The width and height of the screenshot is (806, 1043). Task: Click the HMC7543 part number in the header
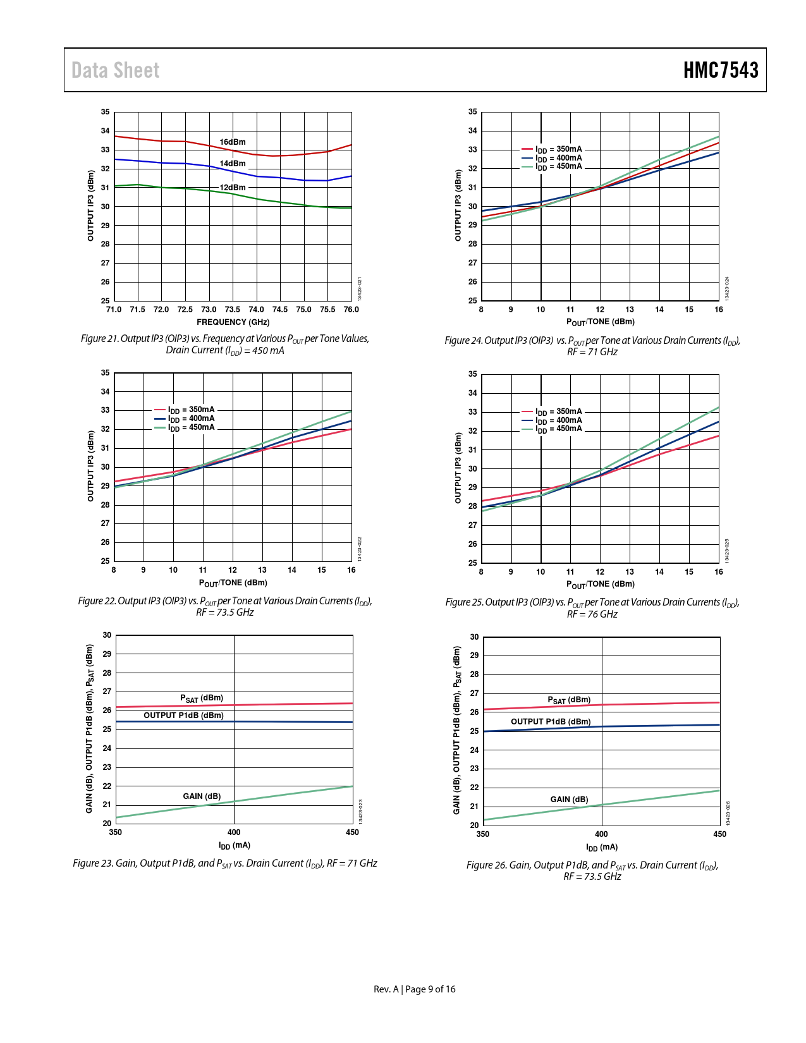tap(720, 70)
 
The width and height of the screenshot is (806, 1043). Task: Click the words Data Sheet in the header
tap(115, 70)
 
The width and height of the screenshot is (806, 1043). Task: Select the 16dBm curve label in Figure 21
tap(233, 142)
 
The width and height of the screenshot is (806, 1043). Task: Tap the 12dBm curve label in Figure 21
tap(233, 188)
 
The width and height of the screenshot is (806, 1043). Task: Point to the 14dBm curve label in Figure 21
tap(233, 164)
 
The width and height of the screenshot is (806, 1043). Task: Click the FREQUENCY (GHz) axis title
tap(233, 322)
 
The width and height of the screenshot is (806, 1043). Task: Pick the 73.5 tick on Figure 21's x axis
tap(233, 310)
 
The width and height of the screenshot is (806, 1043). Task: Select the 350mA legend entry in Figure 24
tap(558, 150)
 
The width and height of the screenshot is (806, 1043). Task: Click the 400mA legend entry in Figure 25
tap(558, 420)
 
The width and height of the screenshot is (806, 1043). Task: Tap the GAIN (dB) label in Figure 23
tap(202, 796)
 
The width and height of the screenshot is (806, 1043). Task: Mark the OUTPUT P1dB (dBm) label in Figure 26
tap(551, 722)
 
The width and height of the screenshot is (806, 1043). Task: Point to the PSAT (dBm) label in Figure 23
tap(202, 698)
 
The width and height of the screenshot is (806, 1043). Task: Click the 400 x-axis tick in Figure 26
tap(601, 834)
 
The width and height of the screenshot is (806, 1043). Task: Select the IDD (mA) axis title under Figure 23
tap(234, 846)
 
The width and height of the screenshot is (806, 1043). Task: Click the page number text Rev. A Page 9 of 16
tap(414, 989)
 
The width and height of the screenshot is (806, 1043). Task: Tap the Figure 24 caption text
tap(592, 346)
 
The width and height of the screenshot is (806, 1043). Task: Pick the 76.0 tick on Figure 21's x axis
tap(351, 310)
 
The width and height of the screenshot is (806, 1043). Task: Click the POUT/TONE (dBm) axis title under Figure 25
tap(600, 585)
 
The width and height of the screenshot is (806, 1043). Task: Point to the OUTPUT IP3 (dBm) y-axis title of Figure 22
tap(90, 467)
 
